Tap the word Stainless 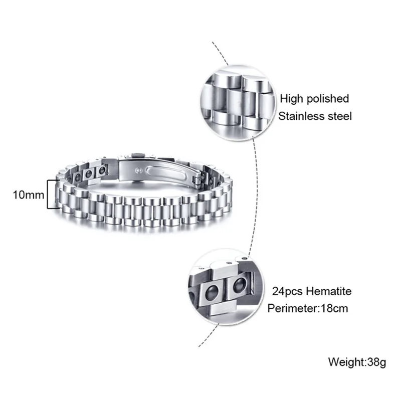299,117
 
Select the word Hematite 333,291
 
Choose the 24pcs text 287,291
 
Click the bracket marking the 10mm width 49,194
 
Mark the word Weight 344,361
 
